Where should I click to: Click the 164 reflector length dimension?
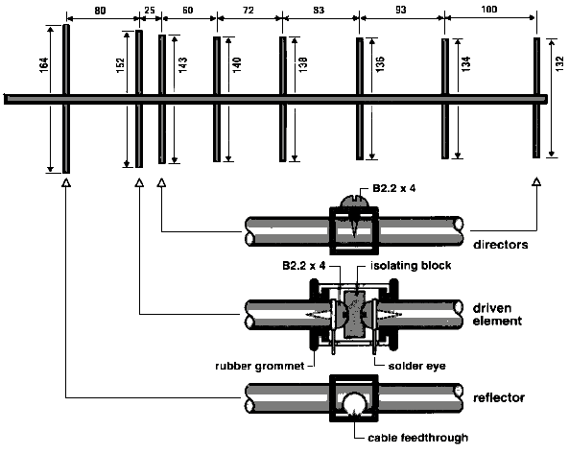pos(44,64)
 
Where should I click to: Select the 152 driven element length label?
pos(121,65)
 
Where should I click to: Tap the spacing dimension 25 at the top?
pos(150,11)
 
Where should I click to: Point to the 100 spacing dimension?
pos(489,9)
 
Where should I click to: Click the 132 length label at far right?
pos(560,63)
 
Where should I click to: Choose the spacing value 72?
pos(249,11)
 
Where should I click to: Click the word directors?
pos(501,245)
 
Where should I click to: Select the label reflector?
pos(499,398)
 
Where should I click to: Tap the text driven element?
pos(497,314)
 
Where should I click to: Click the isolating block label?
pos(411,266)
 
